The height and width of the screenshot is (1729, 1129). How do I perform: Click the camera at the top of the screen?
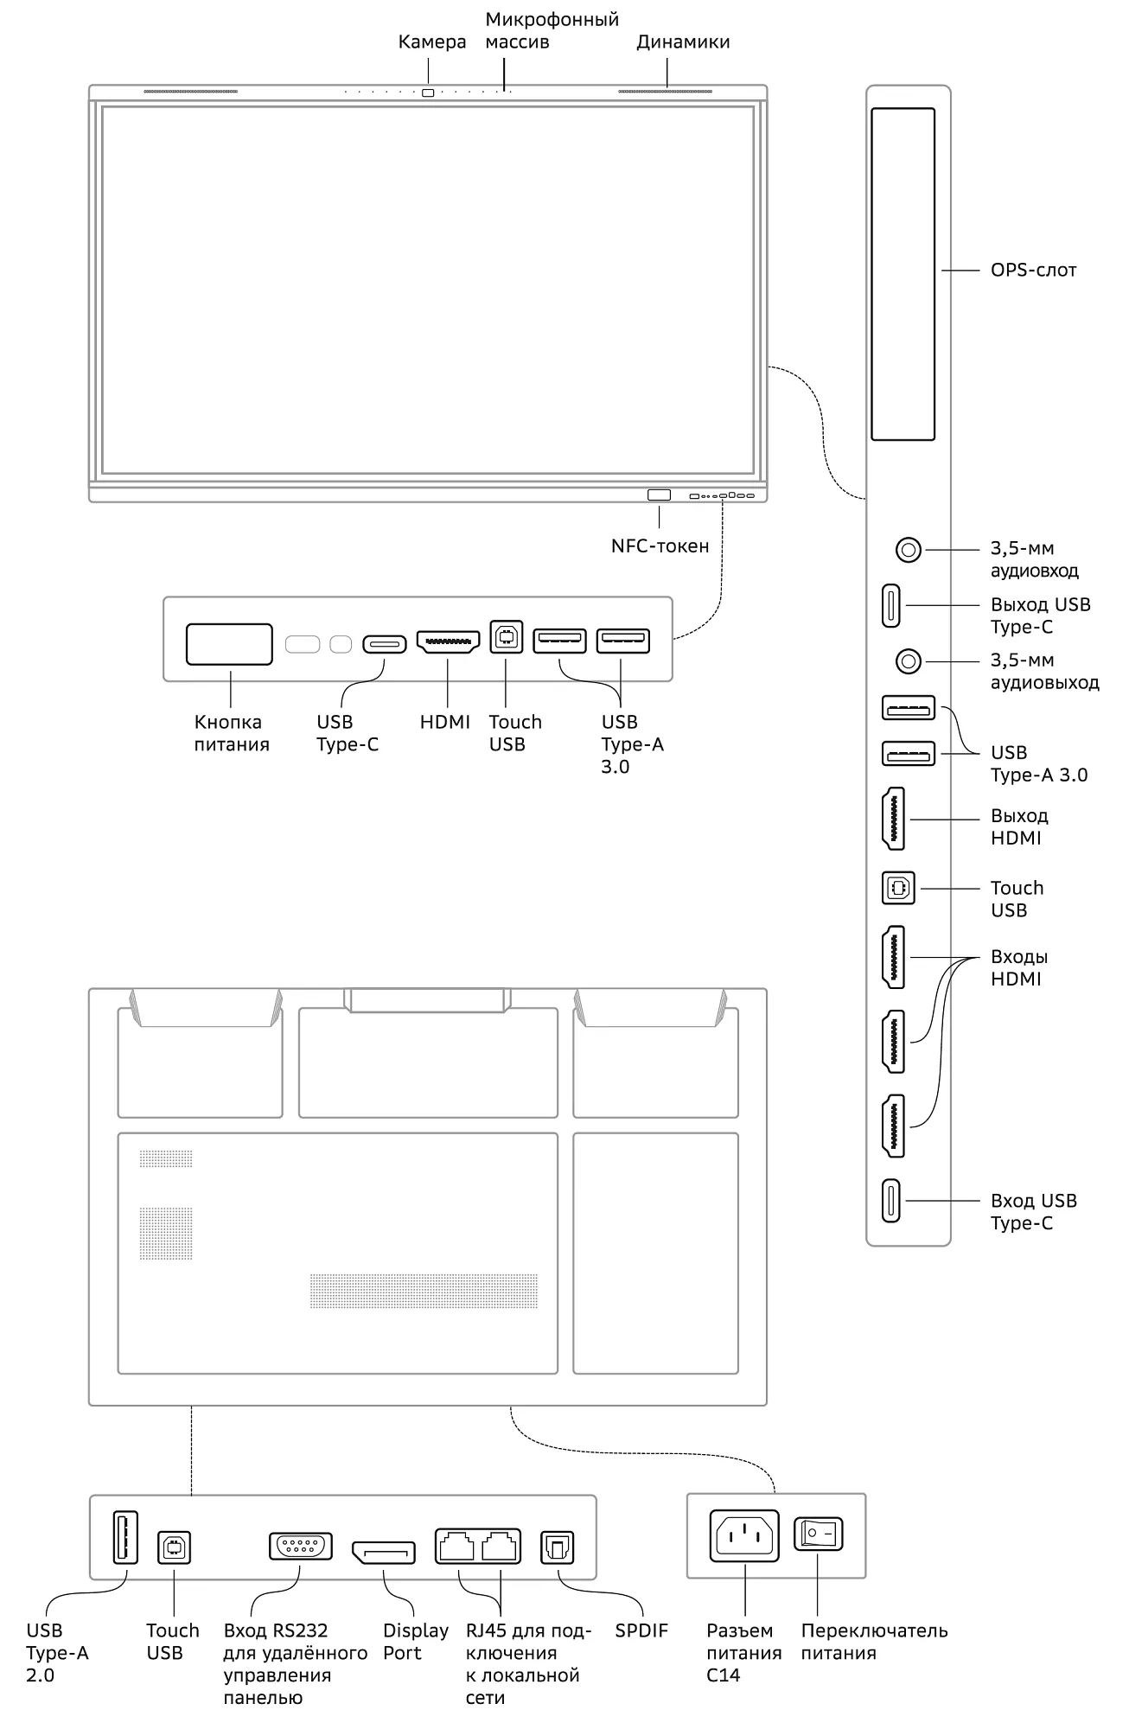pos(428,93)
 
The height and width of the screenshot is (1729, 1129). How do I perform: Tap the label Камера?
pos(431,42)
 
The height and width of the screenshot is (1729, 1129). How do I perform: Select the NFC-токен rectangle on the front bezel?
pos(659,495)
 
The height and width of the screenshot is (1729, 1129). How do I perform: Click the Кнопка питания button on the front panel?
pos(229,644)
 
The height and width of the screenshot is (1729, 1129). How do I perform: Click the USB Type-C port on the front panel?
pos(385,644)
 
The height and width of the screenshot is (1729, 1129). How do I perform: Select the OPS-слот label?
pos(1033,271)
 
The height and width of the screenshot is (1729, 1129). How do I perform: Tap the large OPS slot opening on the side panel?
pos(903,274)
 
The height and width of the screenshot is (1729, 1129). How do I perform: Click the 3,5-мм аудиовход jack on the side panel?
pos(908,549)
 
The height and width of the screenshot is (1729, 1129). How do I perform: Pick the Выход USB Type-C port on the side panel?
pos(891,606)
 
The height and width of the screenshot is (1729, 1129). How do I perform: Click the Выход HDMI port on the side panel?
pos(893,819)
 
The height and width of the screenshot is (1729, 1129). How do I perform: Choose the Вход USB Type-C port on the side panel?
pos(891,1201)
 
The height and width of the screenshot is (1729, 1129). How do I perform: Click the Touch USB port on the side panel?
pos(898,888)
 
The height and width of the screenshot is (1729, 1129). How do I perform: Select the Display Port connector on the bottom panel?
pos(383,1553)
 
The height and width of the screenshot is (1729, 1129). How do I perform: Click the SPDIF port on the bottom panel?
pos(557,1547)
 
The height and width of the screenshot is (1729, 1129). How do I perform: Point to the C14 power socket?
pos(744,1536)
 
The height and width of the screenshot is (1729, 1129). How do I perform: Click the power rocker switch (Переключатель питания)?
pos(818,1534)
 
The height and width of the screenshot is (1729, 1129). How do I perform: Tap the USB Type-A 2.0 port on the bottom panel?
pos(125,1538)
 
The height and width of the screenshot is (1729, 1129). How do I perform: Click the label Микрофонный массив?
pos(551,30)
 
